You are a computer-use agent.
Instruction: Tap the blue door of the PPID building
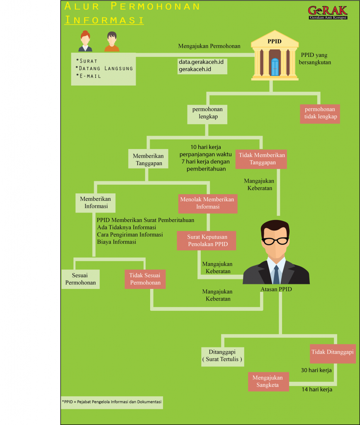tap(275, 67)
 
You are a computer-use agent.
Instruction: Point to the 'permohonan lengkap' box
tap(207, 113)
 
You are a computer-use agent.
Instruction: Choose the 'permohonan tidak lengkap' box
tap(320, 113)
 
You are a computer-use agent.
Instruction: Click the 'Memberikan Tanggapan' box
tap(148, 159)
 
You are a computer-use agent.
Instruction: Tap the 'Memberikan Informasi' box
tap(96, 203)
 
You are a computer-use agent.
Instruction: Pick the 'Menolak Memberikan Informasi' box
tap(207, 203)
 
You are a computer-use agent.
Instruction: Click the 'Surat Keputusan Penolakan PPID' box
tap(207, 240)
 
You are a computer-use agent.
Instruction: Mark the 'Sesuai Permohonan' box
tap(80, 279)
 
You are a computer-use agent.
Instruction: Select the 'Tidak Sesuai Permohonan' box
tap(145, 279)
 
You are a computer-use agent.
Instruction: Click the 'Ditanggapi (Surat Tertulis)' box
tap(222, 356)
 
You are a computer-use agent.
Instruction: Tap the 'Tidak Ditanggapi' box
tap(333, 352)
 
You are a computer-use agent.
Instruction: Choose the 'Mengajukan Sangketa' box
tap(268, 381)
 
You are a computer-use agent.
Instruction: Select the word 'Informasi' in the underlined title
tap(104, 20)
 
